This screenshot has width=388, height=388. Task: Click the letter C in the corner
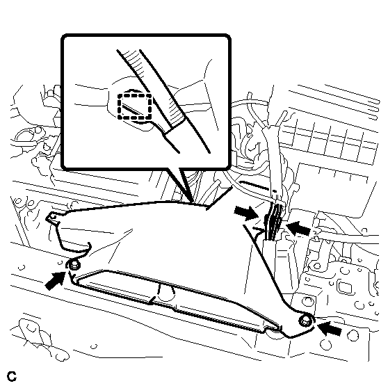coord(12,376)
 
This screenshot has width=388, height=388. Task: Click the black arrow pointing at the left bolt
coord(56,280)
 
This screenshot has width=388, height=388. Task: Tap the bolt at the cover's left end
coord(74,266)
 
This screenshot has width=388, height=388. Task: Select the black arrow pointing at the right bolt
coord(329,328)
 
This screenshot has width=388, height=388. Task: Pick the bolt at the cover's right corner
coord(305,322)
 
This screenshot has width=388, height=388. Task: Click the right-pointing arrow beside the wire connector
coord(245,213)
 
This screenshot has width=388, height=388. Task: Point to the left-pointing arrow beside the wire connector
coord(298,228)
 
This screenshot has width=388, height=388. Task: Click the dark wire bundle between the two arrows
coord(273,222)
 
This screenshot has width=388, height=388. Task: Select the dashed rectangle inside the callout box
coord(135,106)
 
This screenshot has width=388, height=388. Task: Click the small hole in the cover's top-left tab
coord(54,217)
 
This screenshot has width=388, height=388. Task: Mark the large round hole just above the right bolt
coord(307,301)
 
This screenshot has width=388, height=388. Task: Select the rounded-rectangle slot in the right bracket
coord(344,286)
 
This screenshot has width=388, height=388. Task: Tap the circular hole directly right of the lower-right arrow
coord(353,336)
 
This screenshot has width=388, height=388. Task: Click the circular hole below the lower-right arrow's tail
coord(325,344)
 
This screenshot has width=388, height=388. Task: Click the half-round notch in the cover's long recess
coord(165,293)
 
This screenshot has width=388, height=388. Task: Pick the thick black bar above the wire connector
coord(254,186)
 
